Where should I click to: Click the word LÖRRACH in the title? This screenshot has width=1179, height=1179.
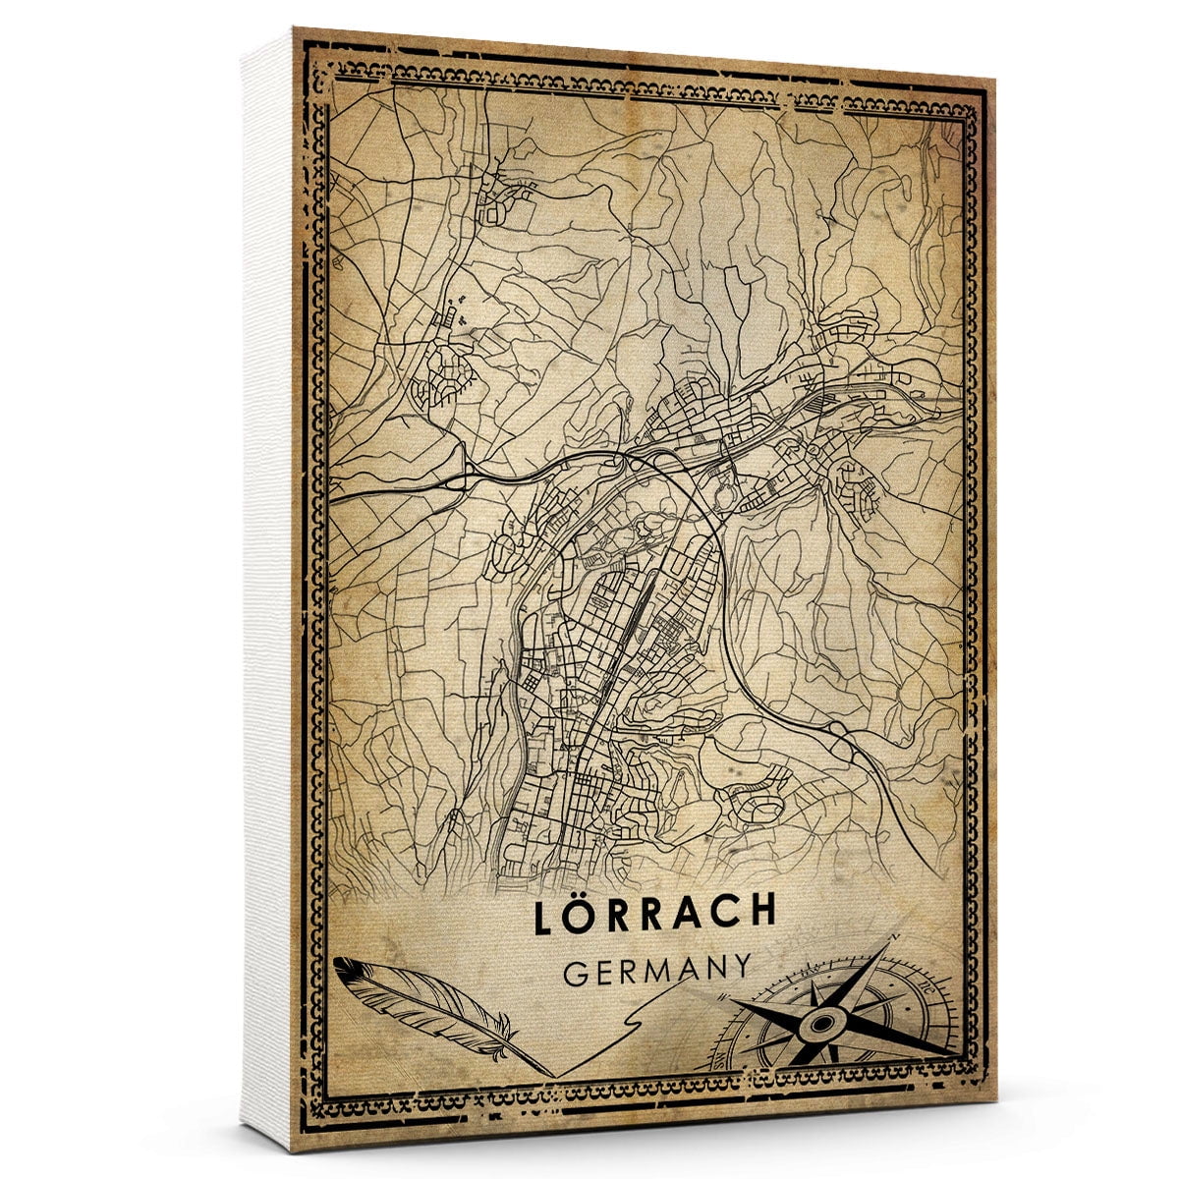click(x=655, y=913)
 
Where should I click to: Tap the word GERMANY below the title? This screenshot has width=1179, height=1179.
click(x=658, y=969)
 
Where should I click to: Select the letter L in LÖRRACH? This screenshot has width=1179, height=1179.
click(x=546, y=914)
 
